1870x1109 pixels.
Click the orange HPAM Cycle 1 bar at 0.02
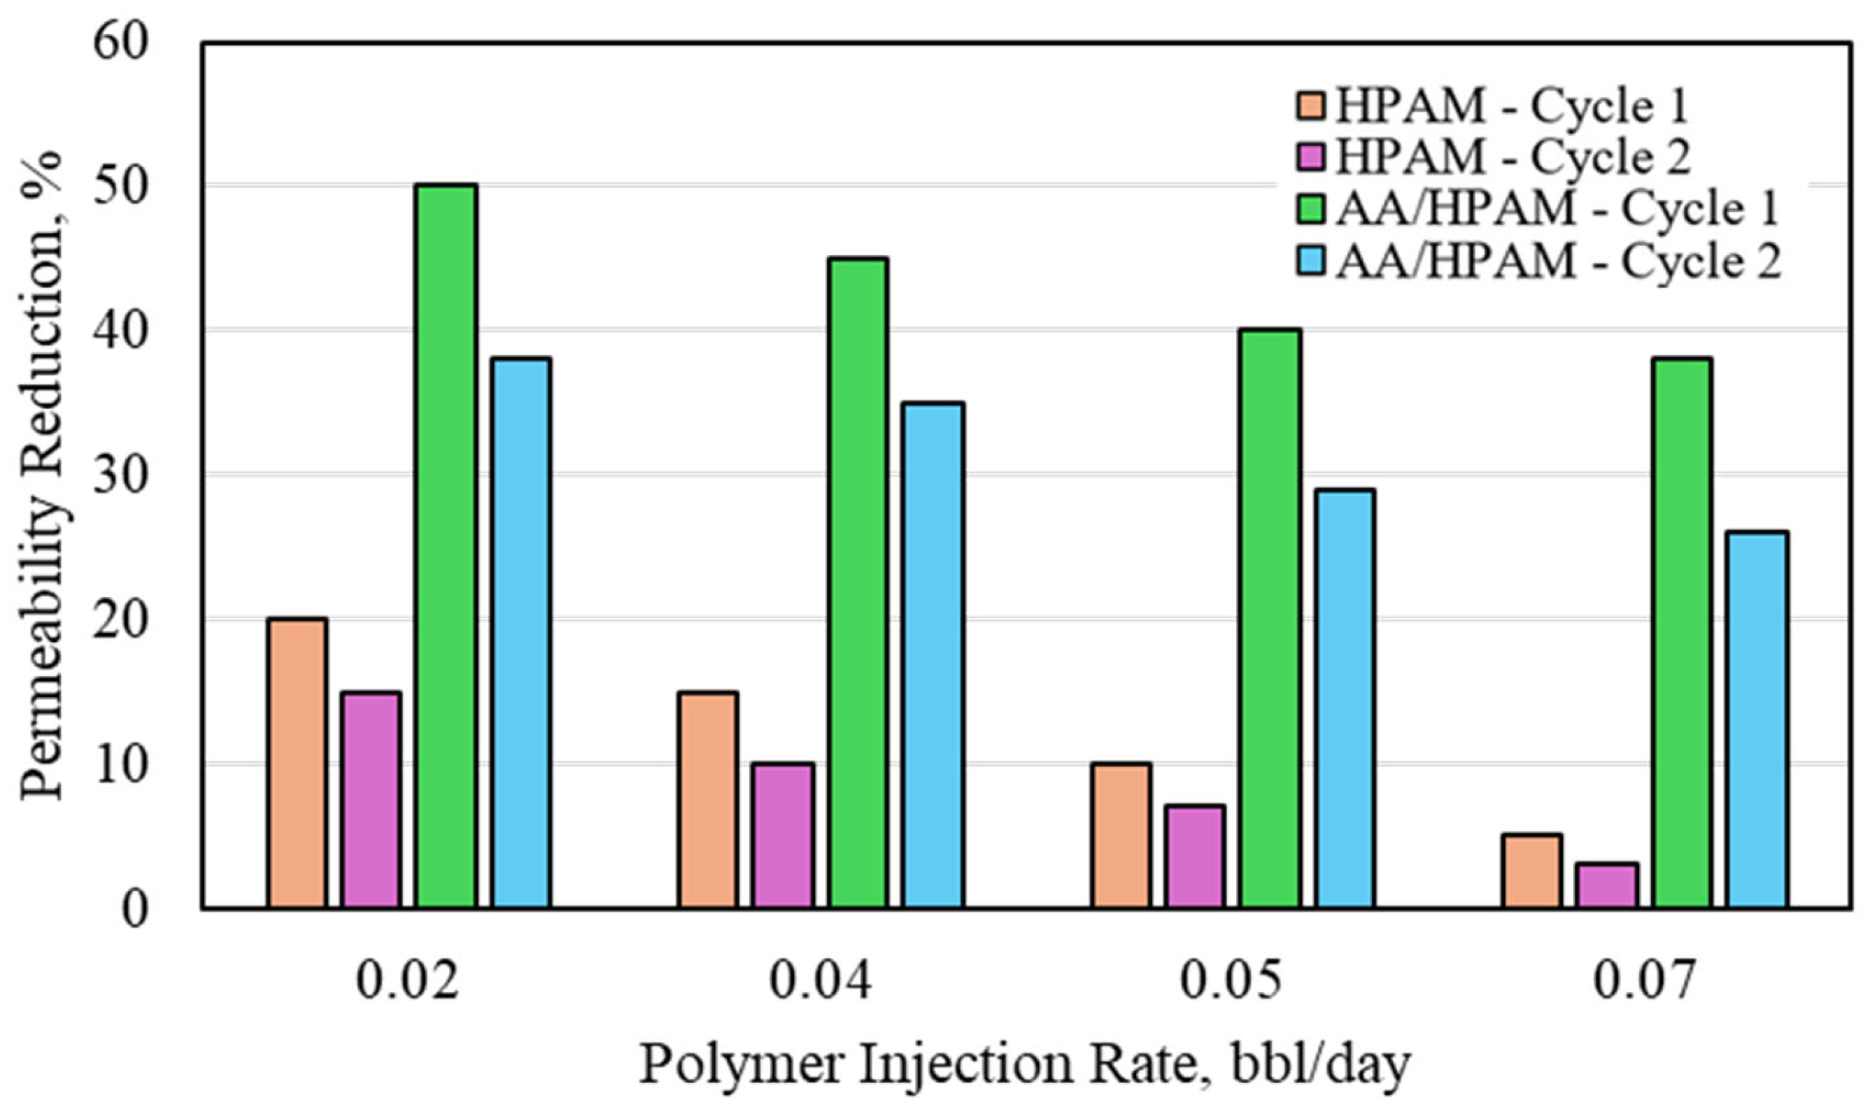coord(297,763)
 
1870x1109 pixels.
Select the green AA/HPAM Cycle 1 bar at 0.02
coord(446,546)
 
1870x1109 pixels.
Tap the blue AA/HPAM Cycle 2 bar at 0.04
coord(933,655)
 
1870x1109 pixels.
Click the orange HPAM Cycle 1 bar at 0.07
coord(1532,871)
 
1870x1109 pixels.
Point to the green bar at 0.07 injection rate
coord(1683,633)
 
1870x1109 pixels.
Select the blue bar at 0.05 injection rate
coord(1346,699)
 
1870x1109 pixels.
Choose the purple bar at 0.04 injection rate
coord(783,836)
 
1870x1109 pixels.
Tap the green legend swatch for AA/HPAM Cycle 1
coord(1310,210)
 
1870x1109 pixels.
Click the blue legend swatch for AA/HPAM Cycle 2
coord(1310,262)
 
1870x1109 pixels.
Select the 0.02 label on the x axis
coord(406,981)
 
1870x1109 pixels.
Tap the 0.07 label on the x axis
coord(1643,981)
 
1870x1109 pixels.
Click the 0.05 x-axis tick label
coord(1231,981)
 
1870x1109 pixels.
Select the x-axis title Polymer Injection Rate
coord(1024,1064)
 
